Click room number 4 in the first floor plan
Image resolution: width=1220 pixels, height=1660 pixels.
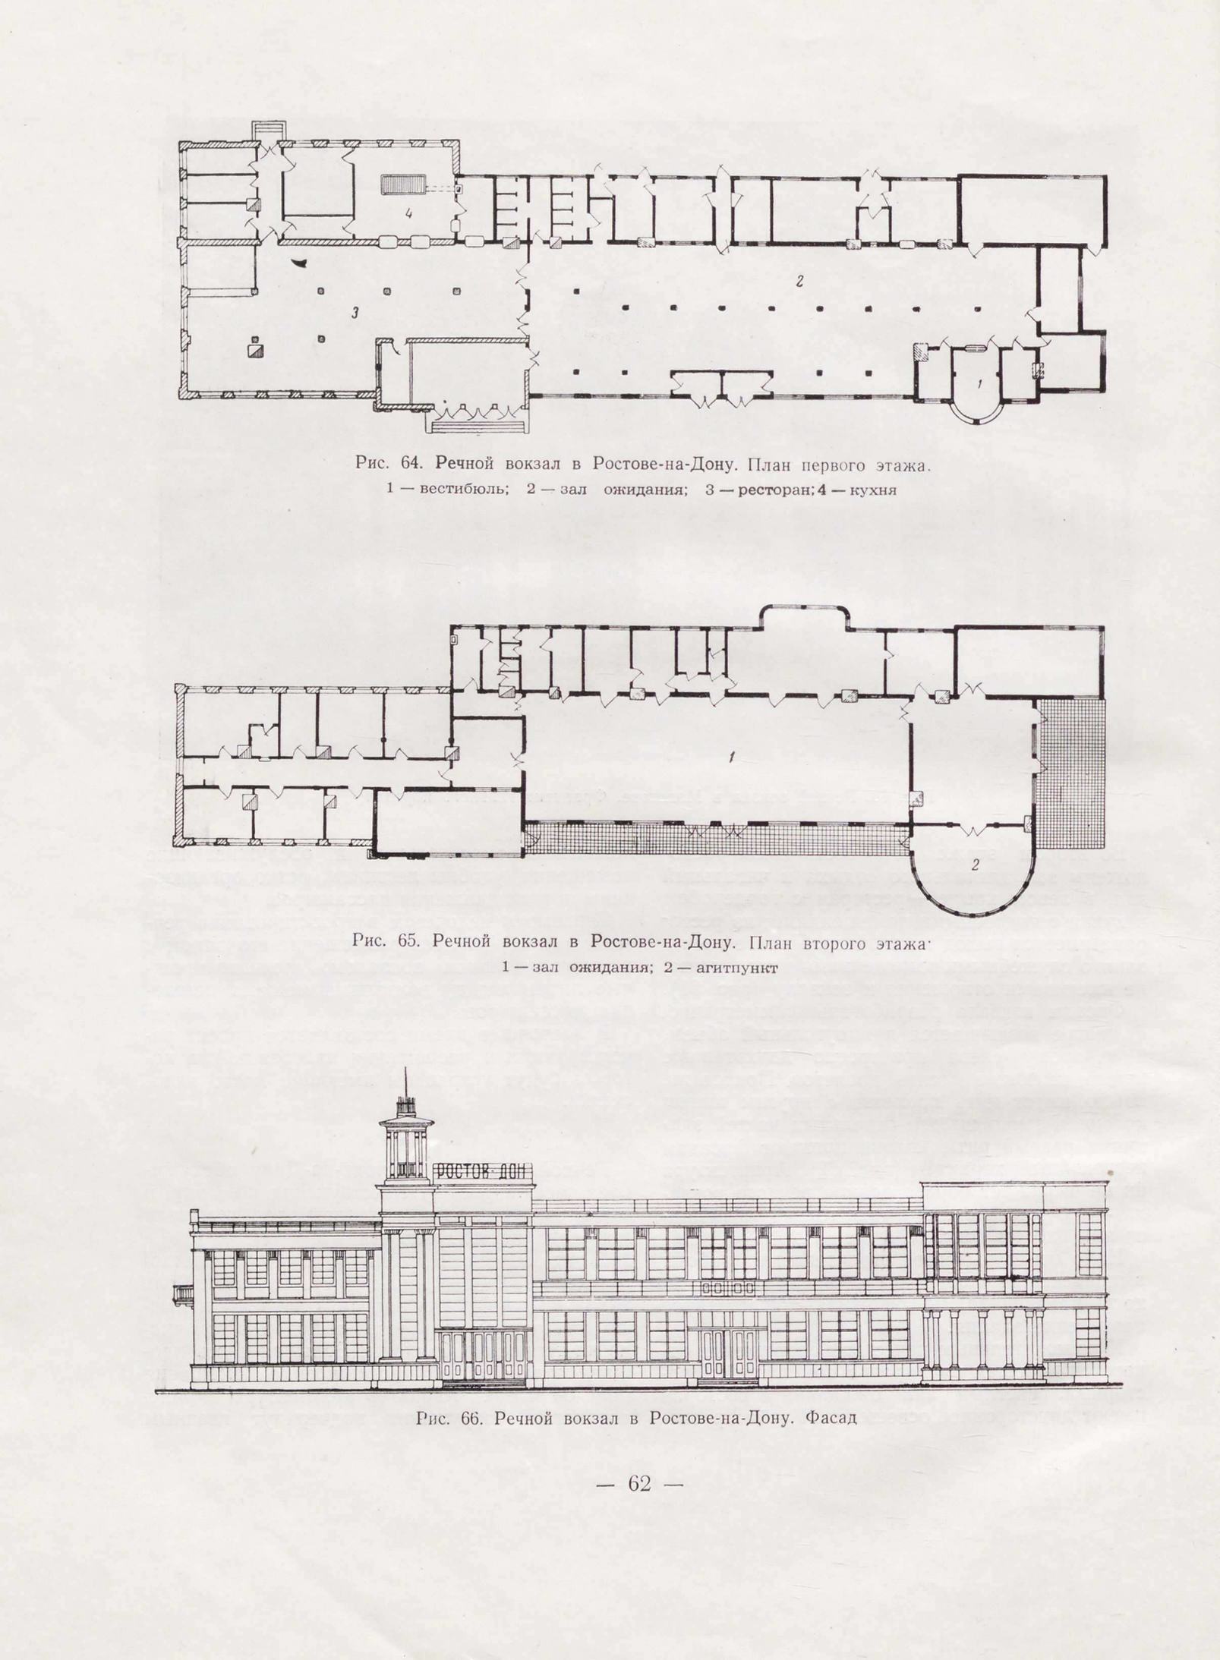[x=409, y=214]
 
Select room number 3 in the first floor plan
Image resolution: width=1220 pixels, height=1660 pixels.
[x=355, y=312]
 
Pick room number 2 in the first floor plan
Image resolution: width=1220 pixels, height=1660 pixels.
[x=799, y=281]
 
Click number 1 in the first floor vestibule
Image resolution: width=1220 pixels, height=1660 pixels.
[x=979, y=383]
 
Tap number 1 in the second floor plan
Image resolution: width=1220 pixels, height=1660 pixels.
[x=731, y=757]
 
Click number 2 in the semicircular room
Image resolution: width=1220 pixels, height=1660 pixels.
[x=976, y=864]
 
